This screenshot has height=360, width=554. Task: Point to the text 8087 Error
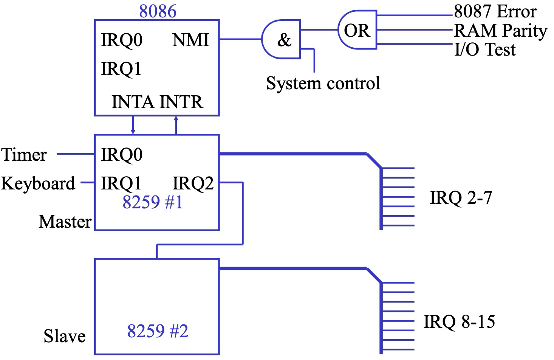(495, 11)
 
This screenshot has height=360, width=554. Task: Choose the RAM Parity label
(500, 31)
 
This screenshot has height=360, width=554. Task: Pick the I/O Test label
(485, 49)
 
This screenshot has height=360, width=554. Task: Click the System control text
(323, 83)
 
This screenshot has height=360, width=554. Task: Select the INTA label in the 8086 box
(133, 102)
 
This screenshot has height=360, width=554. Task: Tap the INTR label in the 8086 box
(181, 102)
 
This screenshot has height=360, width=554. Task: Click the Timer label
(24, 155)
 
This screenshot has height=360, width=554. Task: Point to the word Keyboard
(38, 183)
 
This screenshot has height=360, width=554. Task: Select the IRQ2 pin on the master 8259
(193, 183)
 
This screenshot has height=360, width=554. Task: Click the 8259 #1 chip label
(153, 202)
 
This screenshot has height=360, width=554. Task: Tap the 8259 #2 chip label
(158, 331)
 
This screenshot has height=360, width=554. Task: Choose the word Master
(65, 222)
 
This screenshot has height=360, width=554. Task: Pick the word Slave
(65, 336)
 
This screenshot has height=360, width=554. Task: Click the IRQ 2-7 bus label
(461, 197)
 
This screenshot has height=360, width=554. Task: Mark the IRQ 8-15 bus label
(459, 322)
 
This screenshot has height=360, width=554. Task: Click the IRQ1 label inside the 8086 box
(121, 69)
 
